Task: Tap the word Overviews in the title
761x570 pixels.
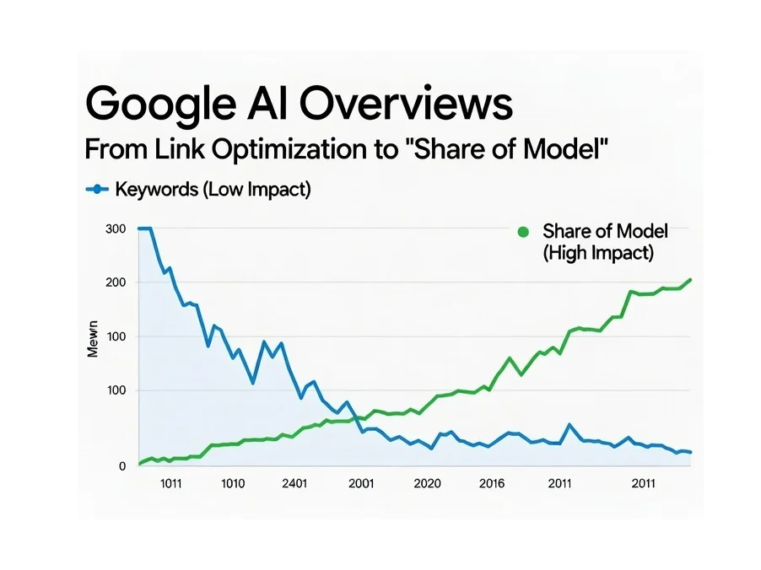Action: (407, 105)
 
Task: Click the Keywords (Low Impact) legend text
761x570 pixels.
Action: (213, 190)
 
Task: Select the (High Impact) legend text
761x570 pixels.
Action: (598, 252)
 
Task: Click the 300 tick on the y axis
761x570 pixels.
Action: (116, 229)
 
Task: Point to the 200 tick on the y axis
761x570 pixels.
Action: (116, 282)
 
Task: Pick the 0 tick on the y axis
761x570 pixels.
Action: (122, 465)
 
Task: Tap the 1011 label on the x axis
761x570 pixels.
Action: (170, 484)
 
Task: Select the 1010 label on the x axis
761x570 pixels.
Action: (232, 484)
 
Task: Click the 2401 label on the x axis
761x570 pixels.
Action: (294, 484)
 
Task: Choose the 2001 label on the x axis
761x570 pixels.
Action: (360, 484)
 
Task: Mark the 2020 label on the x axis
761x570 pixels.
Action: (428, 484)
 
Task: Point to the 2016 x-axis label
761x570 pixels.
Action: (491, 484)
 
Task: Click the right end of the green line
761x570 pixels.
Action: (691, 280)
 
